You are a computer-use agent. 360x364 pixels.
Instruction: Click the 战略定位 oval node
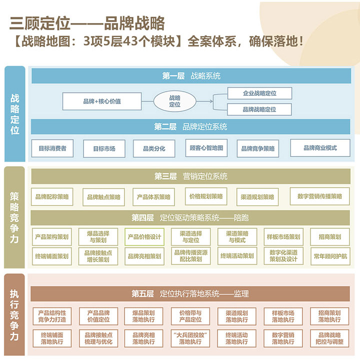pos(174,101)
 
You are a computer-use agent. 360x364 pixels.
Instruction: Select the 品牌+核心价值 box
pos(102,101)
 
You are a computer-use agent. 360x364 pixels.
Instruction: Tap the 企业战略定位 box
pos(259,93)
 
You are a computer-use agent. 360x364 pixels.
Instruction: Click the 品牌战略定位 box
pos(259,109)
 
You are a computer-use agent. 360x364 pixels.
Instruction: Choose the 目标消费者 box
pos(52,148)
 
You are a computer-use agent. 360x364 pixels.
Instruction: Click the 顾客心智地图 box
pos(205,148)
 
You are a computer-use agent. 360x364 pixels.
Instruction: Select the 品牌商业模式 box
pos(320,148)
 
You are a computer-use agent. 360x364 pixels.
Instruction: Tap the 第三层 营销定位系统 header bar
pos(191,176)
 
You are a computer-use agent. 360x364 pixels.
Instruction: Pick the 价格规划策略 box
pos(206,196)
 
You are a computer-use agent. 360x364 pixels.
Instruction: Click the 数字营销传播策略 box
pos(320,196)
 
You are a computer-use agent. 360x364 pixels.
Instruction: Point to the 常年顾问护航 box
pos(330,256)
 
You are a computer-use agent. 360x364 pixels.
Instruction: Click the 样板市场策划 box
pos(283,237)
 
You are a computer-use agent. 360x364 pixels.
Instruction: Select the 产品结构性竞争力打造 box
pos(52,316)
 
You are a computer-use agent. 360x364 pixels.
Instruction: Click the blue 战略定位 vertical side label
pos(15,114)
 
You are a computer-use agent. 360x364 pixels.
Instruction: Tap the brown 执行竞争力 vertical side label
pos(15,315)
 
